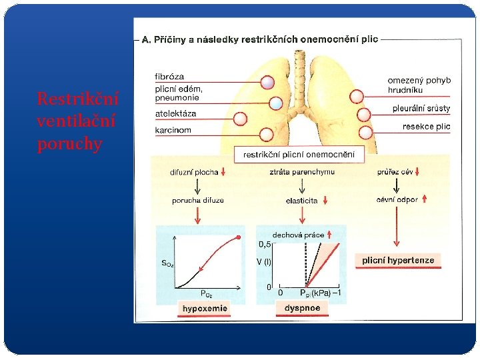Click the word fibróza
point(169,77)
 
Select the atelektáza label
point(175,113)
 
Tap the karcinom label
point(173,130)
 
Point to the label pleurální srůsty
point(421,108)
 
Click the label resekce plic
point(426,126)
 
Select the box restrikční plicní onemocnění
point(299,155)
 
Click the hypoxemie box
point(205,308)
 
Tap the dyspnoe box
point(302,308)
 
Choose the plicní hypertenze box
point(398,260)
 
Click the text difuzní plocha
point(193,172)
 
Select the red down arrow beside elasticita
point(325,200)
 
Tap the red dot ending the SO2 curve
point(239,237)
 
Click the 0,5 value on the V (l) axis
point(265,244)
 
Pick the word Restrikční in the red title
point(78,99)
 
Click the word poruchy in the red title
point(70,144)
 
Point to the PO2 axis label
point(207,293)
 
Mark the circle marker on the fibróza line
point(267,83)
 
